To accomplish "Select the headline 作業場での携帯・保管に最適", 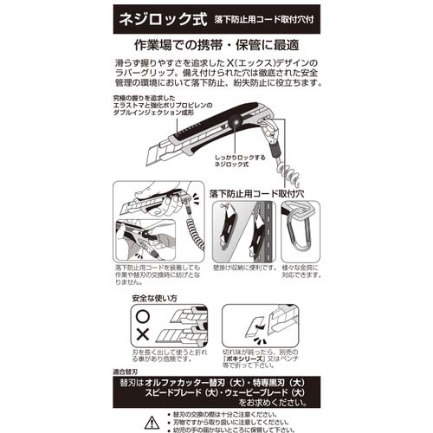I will click(x=216, y=43).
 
